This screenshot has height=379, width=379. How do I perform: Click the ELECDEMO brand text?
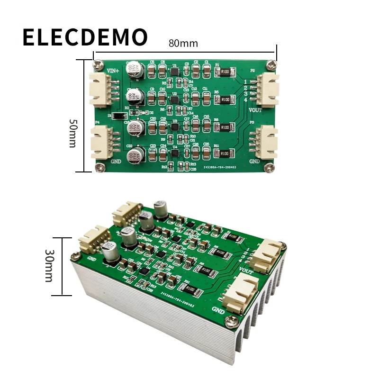(x=85, y=37)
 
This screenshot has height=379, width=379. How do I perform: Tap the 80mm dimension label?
(x=183, y=43)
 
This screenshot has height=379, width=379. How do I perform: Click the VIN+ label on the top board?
(x=114, y=71)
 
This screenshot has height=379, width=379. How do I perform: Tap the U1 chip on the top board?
(x=174, y=72)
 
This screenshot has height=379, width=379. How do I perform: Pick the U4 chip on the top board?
(x=175, y=153)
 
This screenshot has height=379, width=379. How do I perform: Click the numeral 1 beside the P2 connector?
(x=246, y=82)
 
